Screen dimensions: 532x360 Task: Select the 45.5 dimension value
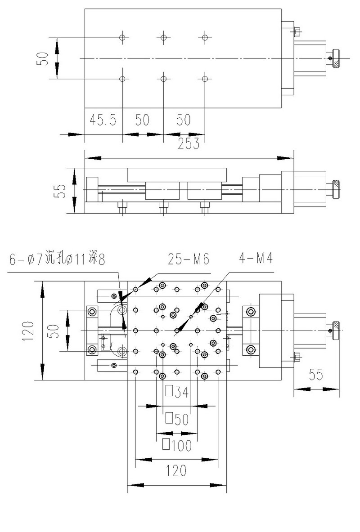(x=103, y=120)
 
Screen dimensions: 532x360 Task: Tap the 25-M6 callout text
(x=189, y=259)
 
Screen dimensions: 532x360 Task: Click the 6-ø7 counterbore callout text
(x=56, y=260)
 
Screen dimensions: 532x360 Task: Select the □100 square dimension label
(x=176, y=445)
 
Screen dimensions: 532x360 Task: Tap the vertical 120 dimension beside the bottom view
(x=28, y=331)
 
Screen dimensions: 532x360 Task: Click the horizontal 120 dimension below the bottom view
(x=176, y=471)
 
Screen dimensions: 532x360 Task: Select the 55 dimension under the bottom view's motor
(x=316, y=375)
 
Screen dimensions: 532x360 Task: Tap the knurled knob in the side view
(x=336, y=189)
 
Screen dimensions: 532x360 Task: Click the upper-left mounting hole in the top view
(x=122, y=37)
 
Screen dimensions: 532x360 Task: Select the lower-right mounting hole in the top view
(x=205, y=79)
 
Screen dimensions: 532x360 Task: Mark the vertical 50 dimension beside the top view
(x=43, y=58)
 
